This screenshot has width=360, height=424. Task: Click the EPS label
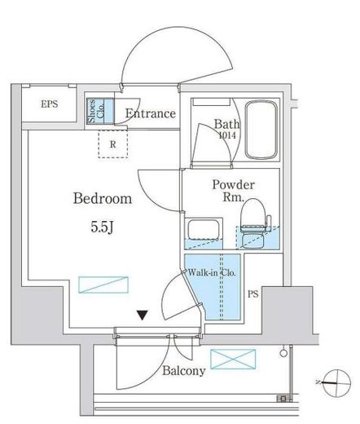click(50, 104)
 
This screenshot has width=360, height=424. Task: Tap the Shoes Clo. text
click(96, 111)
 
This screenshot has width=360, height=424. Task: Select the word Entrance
click(151, 113)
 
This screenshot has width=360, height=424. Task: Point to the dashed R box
click(113, 144)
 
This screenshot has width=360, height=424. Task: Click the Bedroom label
click(103, 198)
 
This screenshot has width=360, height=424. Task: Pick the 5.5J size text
click(102, 227)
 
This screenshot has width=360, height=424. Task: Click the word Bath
click(226, 124)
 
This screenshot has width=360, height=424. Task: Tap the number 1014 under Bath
click(227, 135)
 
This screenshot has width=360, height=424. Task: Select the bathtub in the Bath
click(261, 130)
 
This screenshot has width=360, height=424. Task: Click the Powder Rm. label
click(233, 191)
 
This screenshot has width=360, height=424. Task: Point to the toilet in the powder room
click(254, 223)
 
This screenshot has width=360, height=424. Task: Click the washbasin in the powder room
click(204, 230)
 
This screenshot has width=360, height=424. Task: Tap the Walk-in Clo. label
click(212, 272)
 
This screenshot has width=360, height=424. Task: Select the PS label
click(253, 294)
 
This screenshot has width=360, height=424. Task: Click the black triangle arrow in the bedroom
click(143, 316)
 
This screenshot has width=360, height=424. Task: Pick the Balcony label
click(184, 371)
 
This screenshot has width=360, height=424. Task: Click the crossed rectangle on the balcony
click(233, 359)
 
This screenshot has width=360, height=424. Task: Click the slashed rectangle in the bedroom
click(103, 285)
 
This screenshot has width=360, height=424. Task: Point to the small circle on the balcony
click(283, 353)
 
